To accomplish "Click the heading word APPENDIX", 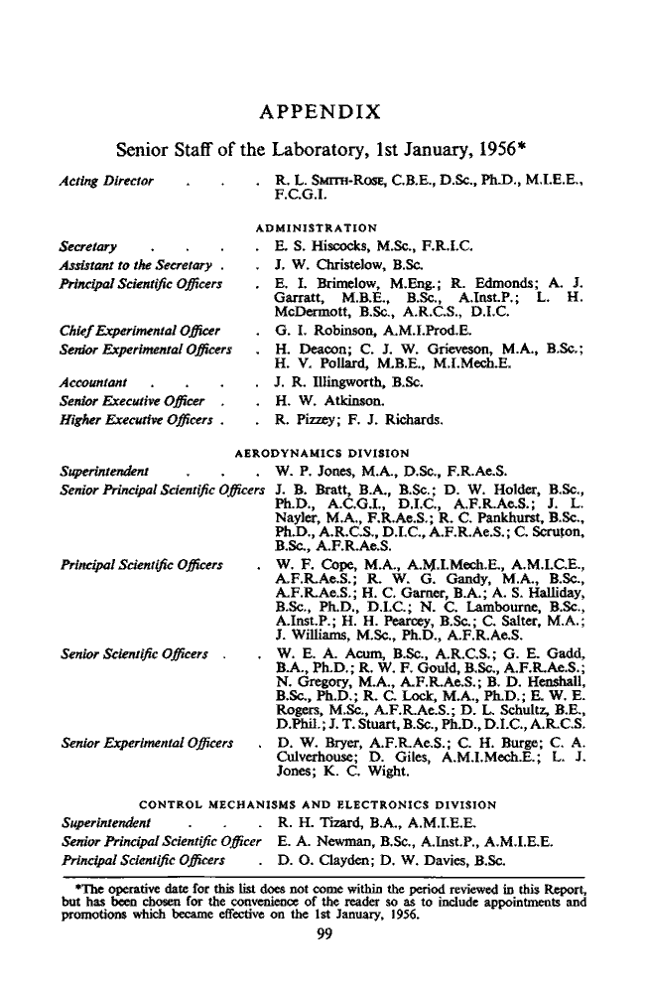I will click(x=322, y=109).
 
